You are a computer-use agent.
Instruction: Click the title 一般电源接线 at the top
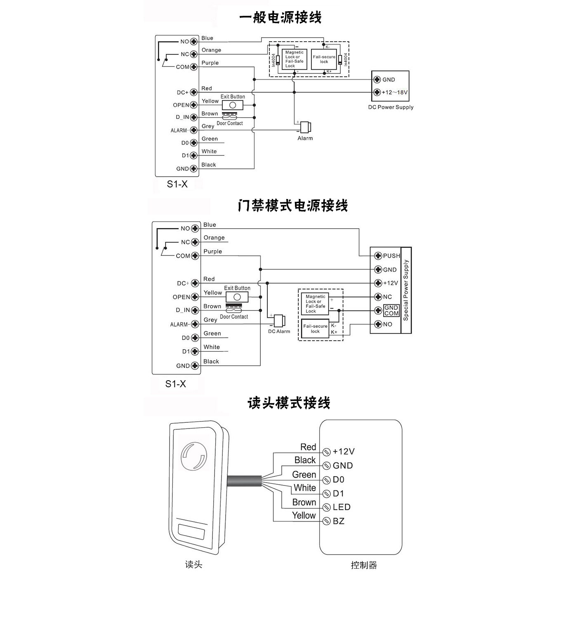[280, 18]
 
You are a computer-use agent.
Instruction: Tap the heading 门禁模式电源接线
[292, 205]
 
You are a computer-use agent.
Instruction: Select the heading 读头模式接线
[289, 403]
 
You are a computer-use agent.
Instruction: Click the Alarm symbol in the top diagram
[306, 127]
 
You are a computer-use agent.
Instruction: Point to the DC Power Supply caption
[391, 107]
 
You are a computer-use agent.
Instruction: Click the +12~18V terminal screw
[377, 92]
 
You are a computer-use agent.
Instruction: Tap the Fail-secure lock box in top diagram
[324, 59]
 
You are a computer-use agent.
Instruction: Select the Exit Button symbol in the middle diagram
[237, 297]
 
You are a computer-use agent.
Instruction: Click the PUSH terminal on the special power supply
[378, 256]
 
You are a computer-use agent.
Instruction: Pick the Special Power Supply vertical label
[406, 290]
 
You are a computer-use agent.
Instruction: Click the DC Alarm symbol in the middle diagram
[279, 321]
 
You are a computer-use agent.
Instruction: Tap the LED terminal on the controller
[326, 507]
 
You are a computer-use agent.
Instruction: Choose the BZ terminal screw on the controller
[326, 521]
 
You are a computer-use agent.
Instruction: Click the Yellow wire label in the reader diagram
[304, 515]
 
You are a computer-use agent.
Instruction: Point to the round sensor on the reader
[193, 457]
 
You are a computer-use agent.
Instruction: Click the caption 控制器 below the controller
[364, 565]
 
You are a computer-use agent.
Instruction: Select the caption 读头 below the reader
[193, 564]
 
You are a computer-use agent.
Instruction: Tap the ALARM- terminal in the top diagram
[193, 130]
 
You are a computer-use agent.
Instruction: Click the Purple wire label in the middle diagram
[212, 251]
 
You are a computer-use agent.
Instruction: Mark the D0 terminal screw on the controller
[326, 480]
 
